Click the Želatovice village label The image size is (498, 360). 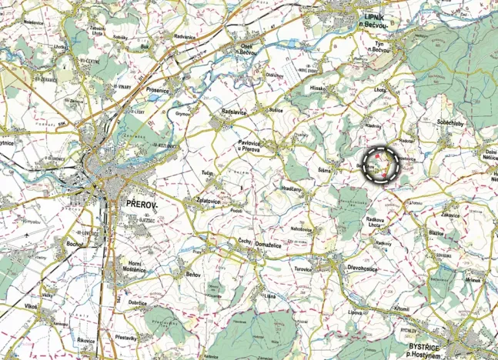[204, 201]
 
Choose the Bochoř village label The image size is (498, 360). [74, 245]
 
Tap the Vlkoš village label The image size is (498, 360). [31, 306]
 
